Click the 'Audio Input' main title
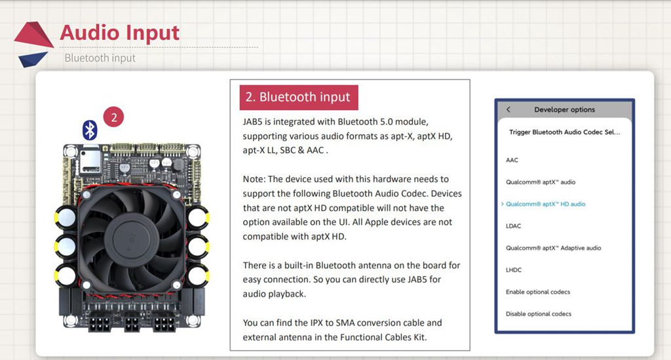[x=119, y=32]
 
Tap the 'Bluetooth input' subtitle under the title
[x=100, y=58]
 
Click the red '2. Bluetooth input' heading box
[x=297, y=97]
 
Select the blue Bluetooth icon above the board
[x=90, y=130]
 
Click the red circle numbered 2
[x=114, y=118]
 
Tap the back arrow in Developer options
[x=508, y=110]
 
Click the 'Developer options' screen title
[x=564, y=110]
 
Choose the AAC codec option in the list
[x=512, y=160]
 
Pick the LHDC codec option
[x=514, y=270]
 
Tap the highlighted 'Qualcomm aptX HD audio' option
[x=545, y=204]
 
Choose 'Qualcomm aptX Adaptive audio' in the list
[x=553, y=248]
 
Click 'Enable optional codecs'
[x=538, y=292]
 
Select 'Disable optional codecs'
[x=538, y=313]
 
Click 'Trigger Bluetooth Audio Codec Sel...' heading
[x=564, y=132]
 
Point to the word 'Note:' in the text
[x=255, y=179]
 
